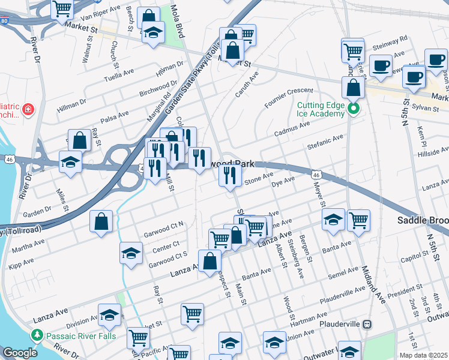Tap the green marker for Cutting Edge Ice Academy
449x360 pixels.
click(x=354, y=109)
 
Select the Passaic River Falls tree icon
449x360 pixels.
click(x=37, y=335)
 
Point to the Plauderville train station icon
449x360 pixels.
click(x=367, y=324)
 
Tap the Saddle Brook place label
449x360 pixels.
click(x=423, y=221)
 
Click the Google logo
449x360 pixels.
click(x=20, y=353)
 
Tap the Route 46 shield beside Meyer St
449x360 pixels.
click(x=316, y=174)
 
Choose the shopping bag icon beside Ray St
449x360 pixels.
click(x=79, y=141)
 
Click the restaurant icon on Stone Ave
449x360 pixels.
click(x=229, y=175)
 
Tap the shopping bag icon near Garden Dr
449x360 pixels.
click(x=101, y=220)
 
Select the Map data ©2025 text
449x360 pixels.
click(x=423, y=355)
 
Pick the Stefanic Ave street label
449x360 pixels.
click(x=324, y=141)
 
